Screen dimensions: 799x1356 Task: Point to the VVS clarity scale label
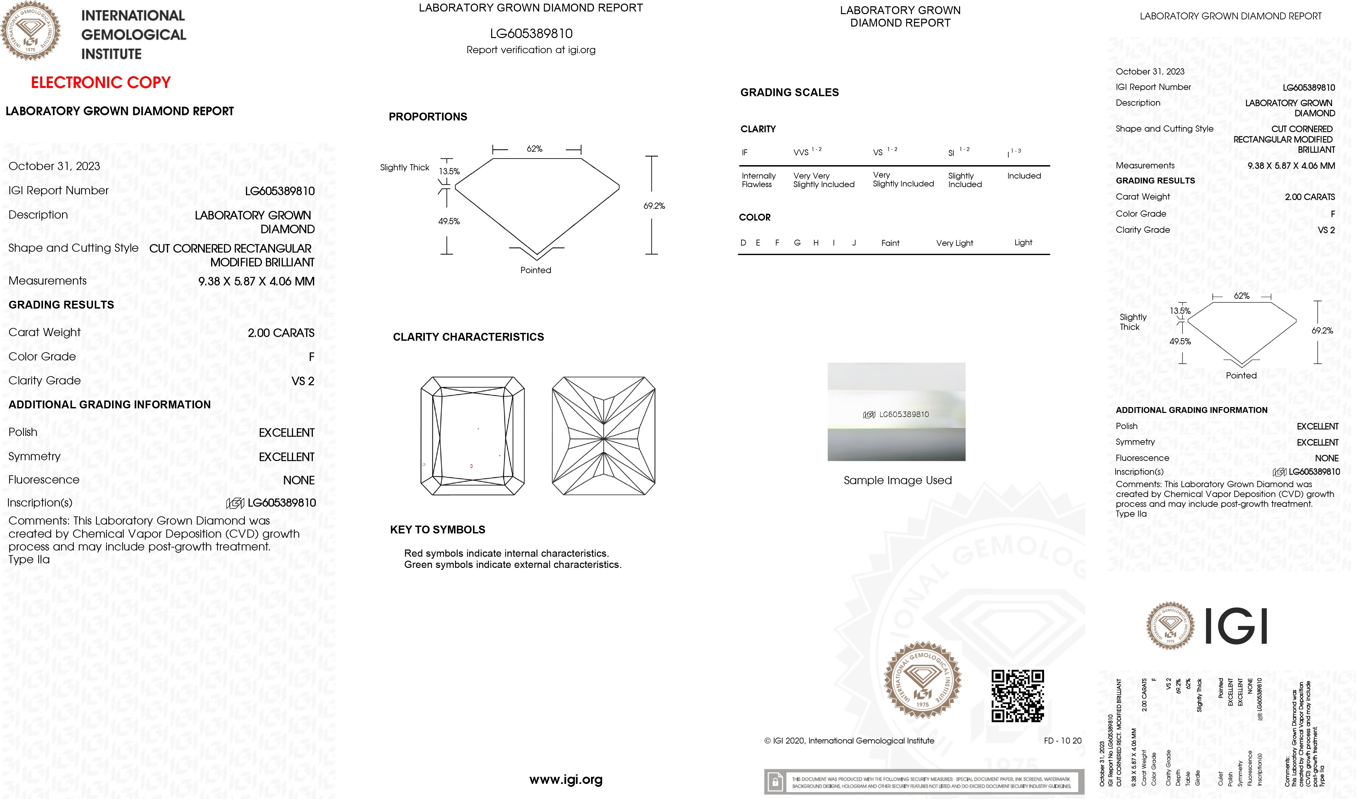pyautogui.click(x=801, y=152)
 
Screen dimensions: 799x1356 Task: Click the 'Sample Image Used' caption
pyautogui.click(x=897, y=480)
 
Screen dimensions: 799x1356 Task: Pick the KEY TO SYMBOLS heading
pyautogui.click(x=437, y=530)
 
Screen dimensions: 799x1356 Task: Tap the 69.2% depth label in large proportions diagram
pyautogui.click(x=654, y=206)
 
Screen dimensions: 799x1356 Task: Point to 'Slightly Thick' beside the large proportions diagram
pyautogui.click(x=405, y=167)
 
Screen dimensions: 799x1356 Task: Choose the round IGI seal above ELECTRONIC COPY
pyautogui.click(x=30, y=31)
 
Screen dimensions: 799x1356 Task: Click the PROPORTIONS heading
pyautogui.click(x=427, y=117)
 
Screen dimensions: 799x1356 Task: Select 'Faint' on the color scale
pyautogui.click(x=890, y=243)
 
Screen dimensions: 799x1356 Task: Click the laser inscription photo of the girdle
pyautogui.click(x=896, y=412)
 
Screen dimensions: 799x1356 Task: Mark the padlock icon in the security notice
pyautogui.click(x=775, y=782)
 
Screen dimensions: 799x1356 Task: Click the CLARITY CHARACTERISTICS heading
pyautogui.click(x=468, y=337)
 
